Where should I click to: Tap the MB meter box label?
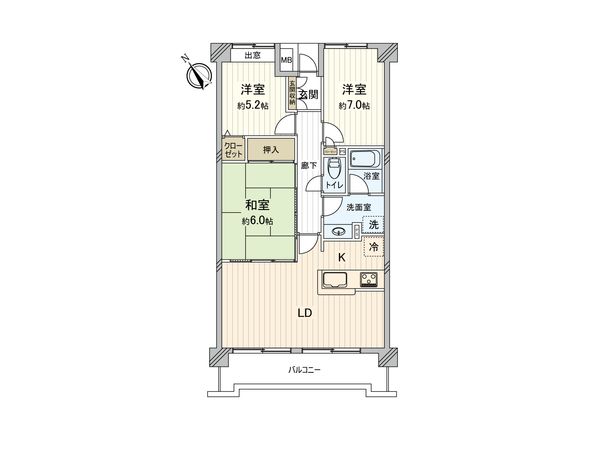[286, 60]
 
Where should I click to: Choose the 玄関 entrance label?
[307, 94]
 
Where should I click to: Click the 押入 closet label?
[270, 150]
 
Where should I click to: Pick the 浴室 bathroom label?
[371, 176]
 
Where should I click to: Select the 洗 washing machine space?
[372, 224]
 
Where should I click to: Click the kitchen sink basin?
[333, 279]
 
